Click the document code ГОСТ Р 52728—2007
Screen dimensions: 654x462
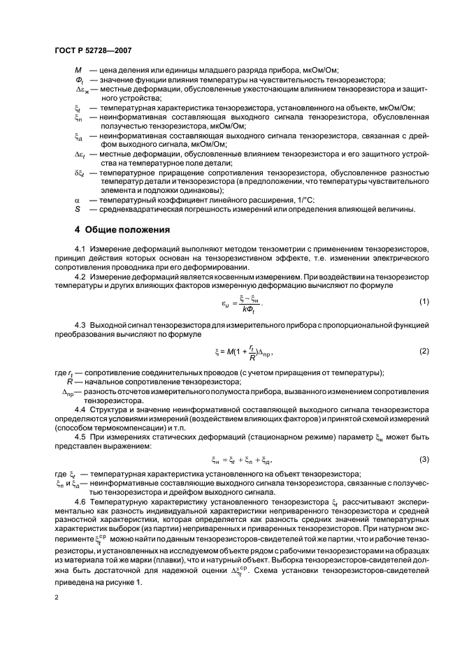(x=94, y=51)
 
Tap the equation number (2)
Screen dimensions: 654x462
(x=424, y=350)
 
